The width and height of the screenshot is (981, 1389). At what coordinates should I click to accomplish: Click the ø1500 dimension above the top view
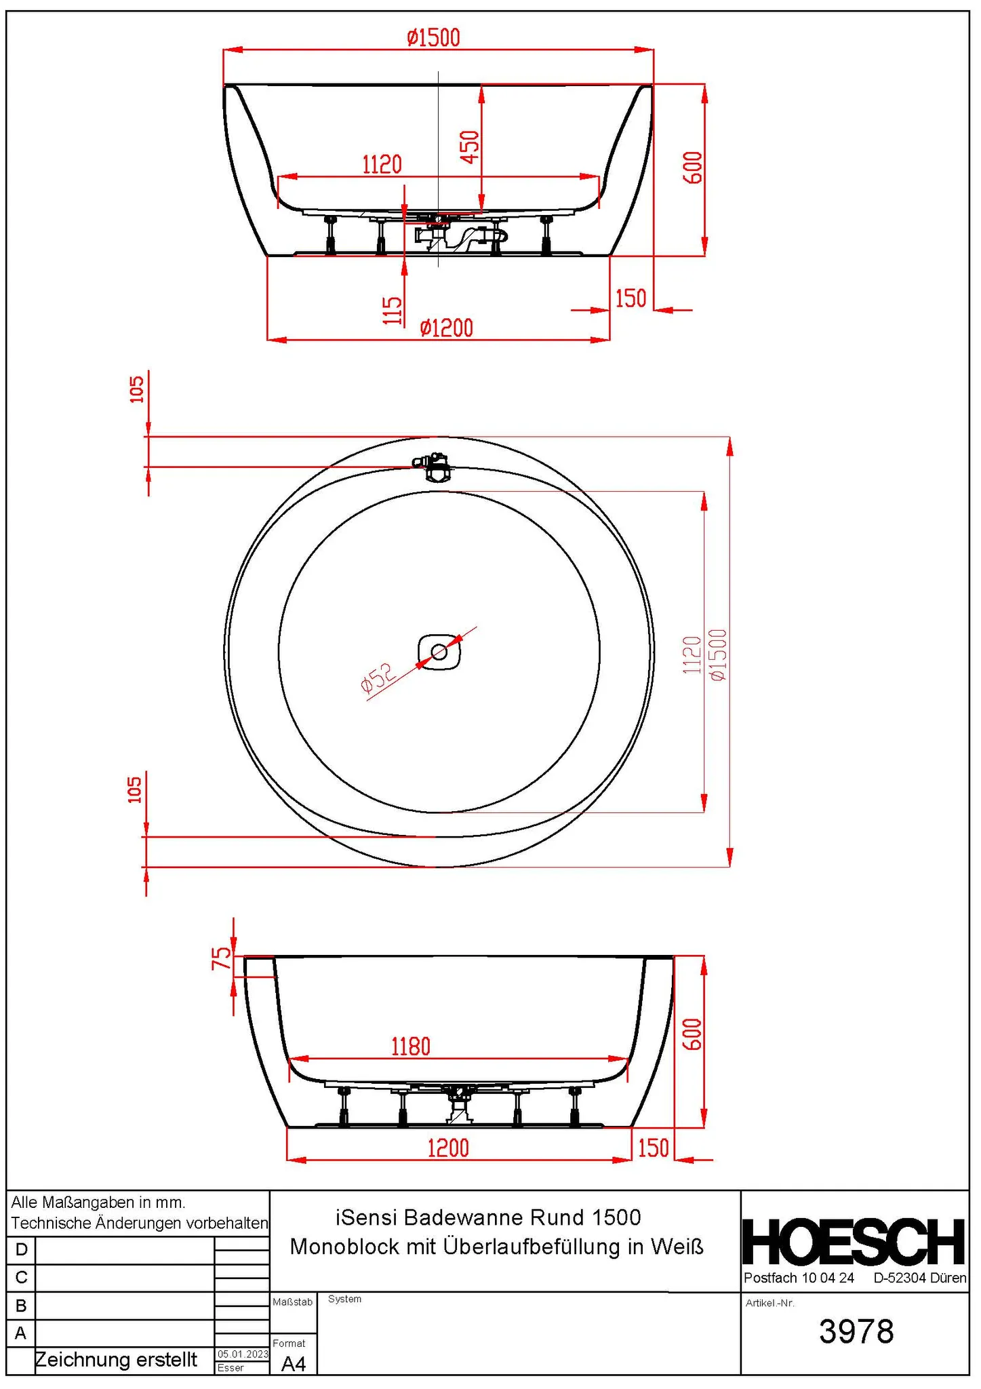click(x=433, y=37)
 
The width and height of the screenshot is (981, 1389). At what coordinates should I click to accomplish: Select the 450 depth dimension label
click(x=470, y=146)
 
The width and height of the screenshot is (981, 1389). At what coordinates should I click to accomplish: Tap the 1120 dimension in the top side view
click(x=382, y=165)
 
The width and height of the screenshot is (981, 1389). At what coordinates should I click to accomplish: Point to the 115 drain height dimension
click(x=393, y=310)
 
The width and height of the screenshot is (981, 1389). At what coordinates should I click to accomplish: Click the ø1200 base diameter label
click(x=446, y=328)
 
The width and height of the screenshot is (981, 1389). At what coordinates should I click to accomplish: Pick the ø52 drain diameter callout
click(x=377, y=678)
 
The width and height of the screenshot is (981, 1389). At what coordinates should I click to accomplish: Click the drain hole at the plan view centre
click(x=439, y=652)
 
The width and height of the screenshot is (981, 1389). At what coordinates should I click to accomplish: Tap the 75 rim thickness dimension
click(x=222, y=958)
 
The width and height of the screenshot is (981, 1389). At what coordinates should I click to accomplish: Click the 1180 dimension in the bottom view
click(x=411, y=1046)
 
